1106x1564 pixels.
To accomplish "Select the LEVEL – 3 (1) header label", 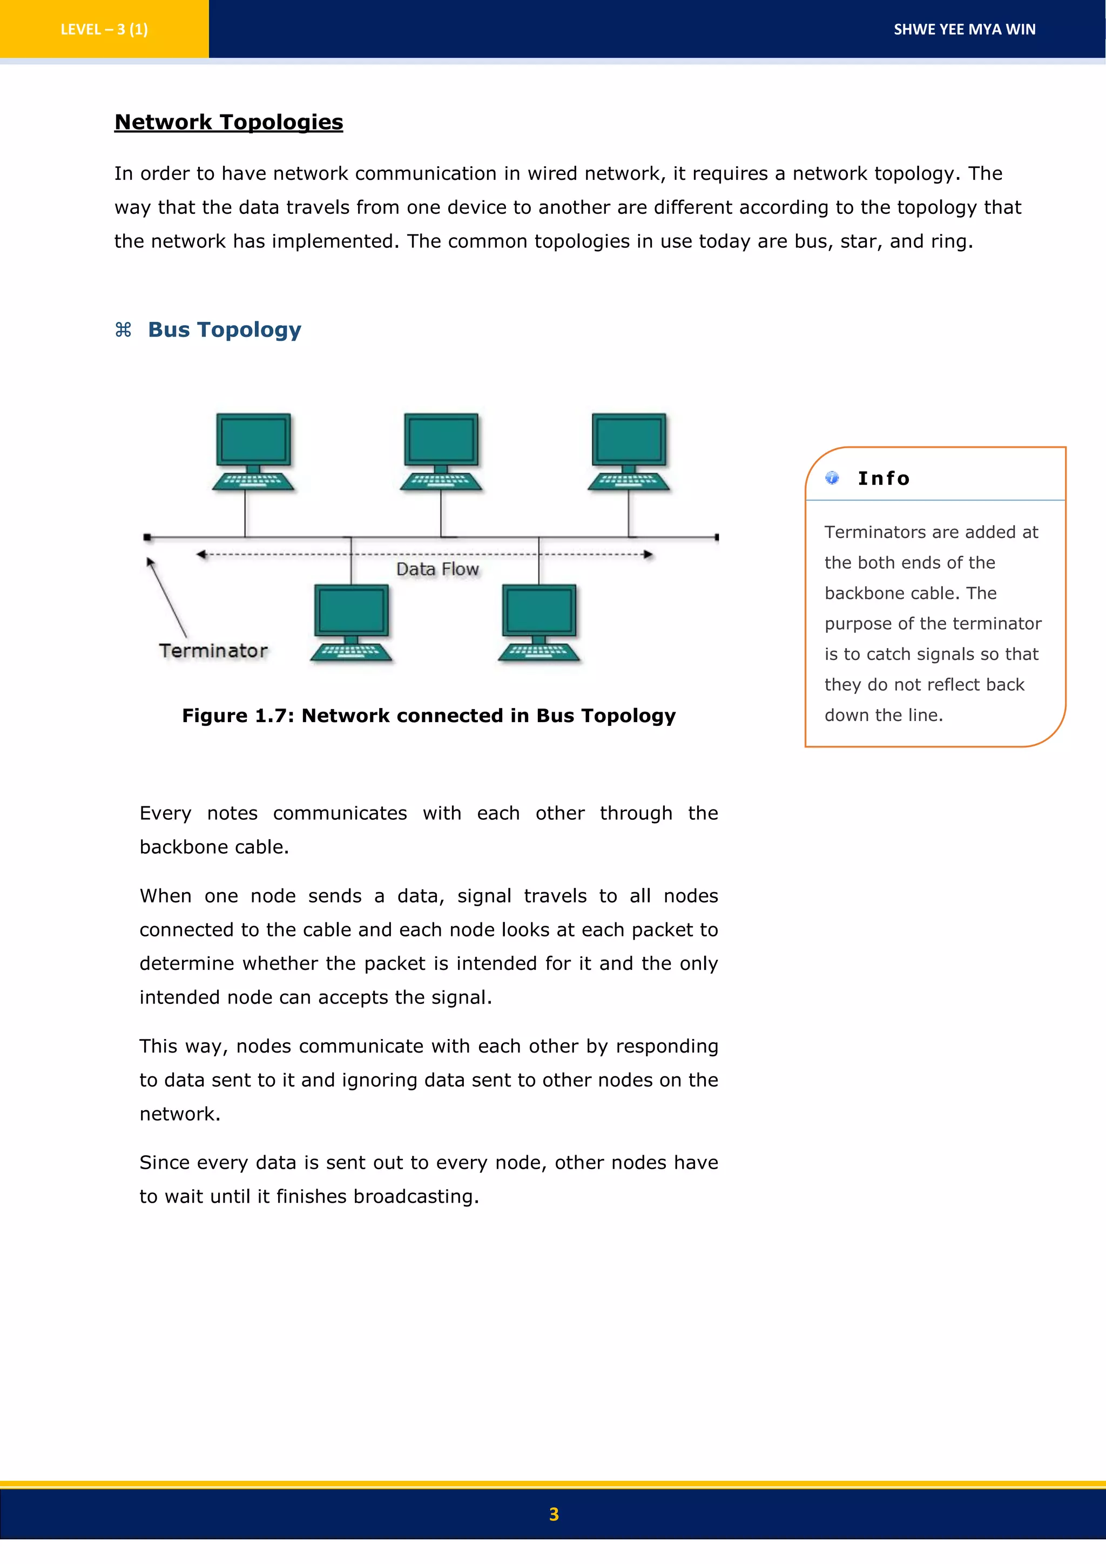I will [104, 29].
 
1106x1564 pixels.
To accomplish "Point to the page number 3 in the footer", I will [553, 1514].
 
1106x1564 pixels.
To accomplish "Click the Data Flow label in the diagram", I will [437, 569].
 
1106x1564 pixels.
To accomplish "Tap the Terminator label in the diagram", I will [213, 651].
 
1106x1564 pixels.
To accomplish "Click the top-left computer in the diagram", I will [253, 449].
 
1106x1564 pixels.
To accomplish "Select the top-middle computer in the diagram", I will [441, 449].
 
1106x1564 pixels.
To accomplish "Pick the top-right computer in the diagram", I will [629, 449].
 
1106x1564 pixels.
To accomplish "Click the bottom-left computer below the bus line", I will [350, 621].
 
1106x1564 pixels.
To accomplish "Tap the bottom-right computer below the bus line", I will [539, 621].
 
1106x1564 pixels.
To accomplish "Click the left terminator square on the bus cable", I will [147, 537].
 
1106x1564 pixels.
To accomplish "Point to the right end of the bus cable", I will [717, 537].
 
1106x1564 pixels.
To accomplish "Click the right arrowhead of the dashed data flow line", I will [649, 555].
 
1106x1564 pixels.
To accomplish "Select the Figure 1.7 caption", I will [428, 716].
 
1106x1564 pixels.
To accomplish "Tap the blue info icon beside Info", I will [832, 477].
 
